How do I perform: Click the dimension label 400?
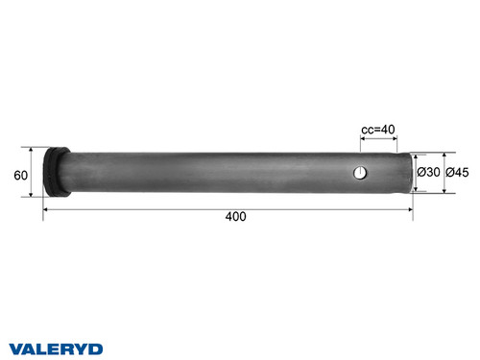point(235,216)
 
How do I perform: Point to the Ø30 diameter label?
point(429,173)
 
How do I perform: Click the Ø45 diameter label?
point(458,173)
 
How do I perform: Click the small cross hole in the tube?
point(358,173)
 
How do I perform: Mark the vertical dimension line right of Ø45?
point(444,173)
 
